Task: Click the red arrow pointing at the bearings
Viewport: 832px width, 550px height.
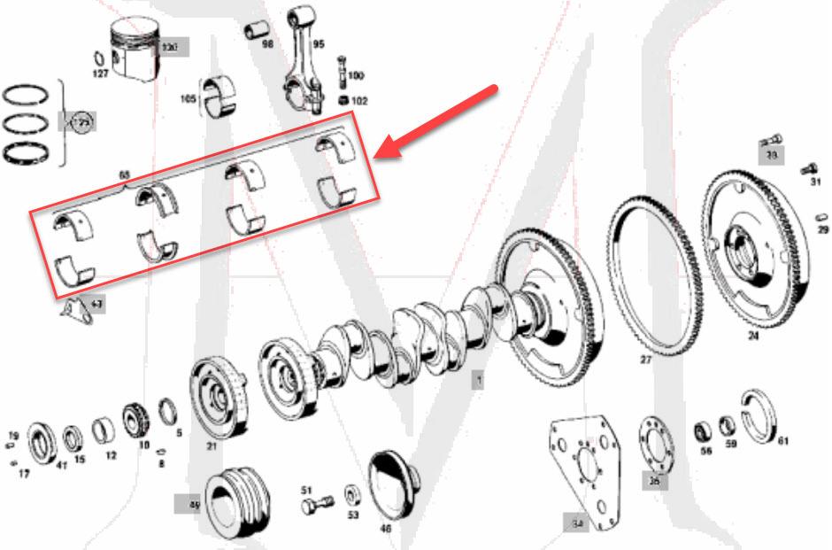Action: tap(443, 121)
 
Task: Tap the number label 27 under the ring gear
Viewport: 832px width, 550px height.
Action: tap(645, 360)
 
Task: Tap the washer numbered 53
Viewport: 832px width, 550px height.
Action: tap(351, 493)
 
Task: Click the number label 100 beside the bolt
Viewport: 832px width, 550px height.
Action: tap(356, 76)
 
